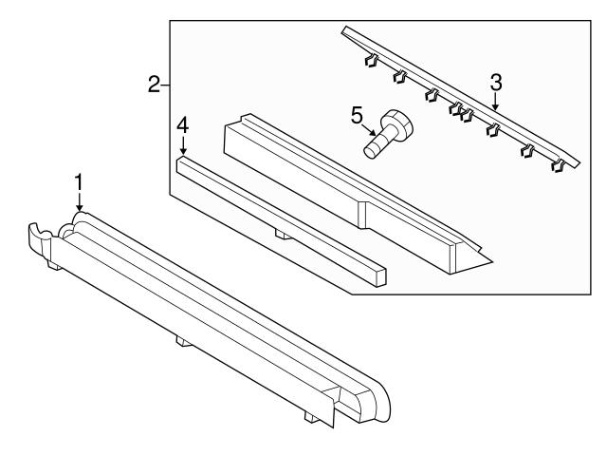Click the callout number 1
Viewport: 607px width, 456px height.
(x=79, y=182)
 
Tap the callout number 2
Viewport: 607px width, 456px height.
(x=154, y=85)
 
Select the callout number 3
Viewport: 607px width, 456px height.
(x=496, y=83)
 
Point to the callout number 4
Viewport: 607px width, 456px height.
(x=183, y=126)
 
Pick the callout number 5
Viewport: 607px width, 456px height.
(x=357, y=116)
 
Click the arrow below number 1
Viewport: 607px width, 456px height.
(x=79, y=202)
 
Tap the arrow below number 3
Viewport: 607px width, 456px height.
(x=496, y=102)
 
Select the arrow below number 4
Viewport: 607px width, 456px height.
(x=183, y=145)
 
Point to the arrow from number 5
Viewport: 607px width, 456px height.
(x=369, y=129)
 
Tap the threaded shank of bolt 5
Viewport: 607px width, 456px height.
(x=376, y=145)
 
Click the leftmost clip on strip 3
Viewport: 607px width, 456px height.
(x=371, y=60)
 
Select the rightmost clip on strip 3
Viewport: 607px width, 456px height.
(x=557, y=165)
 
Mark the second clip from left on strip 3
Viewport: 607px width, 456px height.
(x=399, y=76)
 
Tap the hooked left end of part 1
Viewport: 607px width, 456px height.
(x=40, y=237)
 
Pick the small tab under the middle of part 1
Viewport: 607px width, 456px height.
(x=183, y=341)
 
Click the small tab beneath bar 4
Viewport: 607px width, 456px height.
(x=283, y=235)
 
